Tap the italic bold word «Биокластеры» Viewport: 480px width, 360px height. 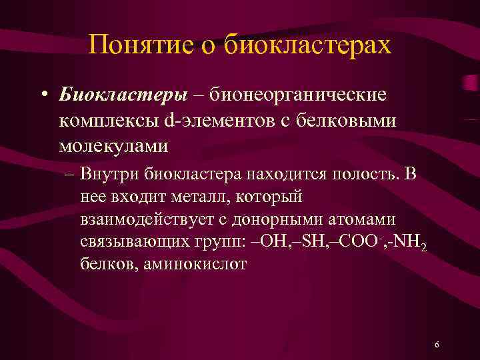pyautogui.click(x=123, y=95)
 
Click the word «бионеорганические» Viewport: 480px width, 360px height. pyautogui.click(x=297, y=95)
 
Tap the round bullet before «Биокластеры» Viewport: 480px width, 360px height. pyautogui.click(x=43, y=95)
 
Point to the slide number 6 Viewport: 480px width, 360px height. pyautogui.click(x=436, y=345)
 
